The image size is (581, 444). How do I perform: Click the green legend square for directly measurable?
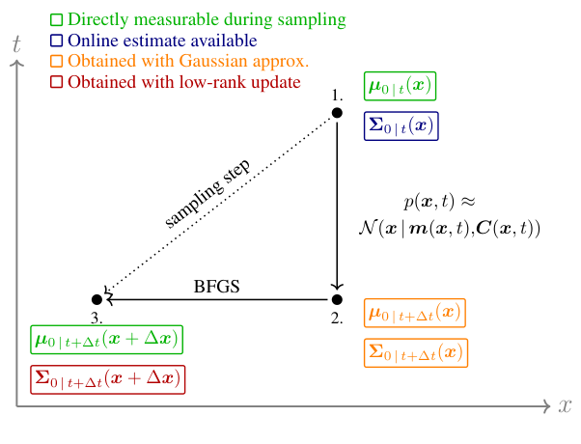(x=56, y=19)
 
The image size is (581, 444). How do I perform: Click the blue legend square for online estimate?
(x=56, y=41)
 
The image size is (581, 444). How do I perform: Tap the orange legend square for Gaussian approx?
(x=56, y=62)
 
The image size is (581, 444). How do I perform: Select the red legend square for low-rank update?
(x=56, y=82)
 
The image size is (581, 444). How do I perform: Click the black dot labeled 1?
(x=337, y=113)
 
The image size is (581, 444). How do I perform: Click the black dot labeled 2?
(x=337, y=300)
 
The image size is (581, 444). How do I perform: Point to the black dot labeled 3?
(x=97, y=300)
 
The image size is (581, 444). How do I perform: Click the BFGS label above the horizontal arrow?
(x=216, y=286)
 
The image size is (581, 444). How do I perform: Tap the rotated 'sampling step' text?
(x=207, y=193)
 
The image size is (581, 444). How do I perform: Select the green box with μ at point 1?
(x=401, y=86)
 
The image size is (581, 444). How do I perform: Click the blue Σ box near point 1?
(x=401, y=125)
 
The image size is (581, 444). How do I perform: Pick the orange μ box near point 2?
(x=415, y=314)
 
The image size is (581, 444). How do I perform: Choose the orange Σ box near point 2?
(x=415, y=353)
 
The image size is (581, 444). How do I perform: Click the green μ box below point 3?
(x=106, y=339)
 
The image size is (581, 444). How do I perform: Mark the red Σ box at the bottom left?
(x=106, y=378)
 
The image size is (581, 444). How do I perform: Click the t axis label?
(x=15, y=44)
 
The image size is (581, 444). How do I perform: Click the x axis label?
(x=565, y=405)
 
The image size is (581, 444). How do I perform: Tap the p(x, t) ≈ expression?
(x=440, y=202)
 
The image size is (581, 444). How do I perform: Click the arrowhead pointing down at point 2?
(x=337, y=286)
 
